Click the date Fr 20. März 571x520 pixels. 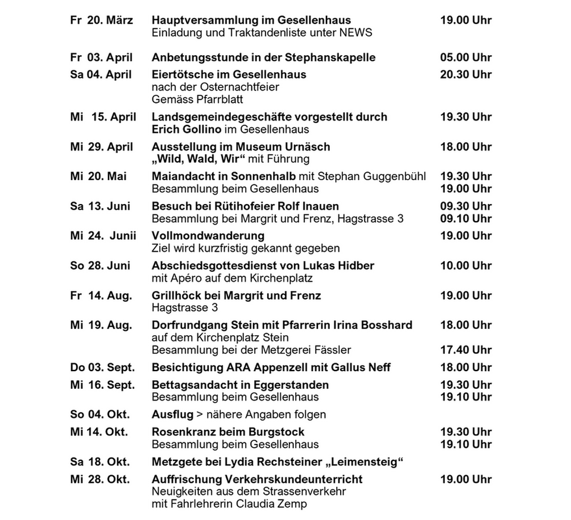coord(101,21)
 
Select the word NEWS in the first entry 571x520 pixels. coord(356,33)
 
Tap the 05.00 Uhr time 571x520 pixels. coord(465,57)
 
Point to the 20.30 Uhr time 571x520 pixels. coord(465,74)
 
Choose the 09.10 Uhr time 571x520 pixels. coord(465,218)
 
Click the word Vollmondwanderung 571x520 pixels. coord(208,236)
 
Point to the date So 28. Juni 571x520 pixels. coord(100,266)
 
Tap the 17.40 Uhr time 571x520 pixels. coord(465,350)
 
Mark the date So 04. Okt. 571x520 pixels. coord(100,414)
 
